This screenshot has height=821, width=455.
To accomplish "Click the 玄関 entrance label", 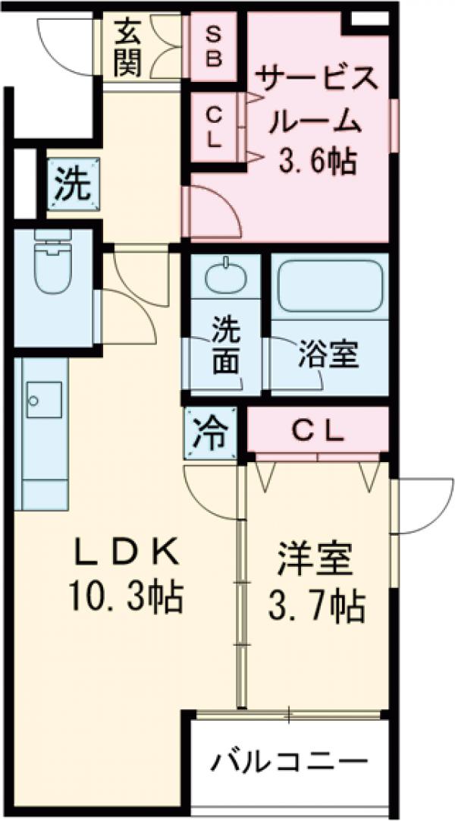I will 129,50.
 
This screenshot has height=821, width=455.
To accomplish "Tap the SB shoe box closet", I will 214,47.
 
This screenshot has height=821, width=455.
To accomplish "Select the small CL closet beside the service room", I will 214,127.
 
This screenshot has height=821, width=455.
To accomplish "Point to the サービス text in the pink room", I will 316,78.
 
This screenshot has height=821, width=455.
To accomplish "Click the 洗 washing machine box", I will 74,184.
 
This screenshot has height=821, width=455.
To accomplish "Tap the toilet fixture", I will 52,262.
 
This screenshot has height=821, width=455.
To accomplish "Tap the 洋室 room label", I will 316,562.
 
